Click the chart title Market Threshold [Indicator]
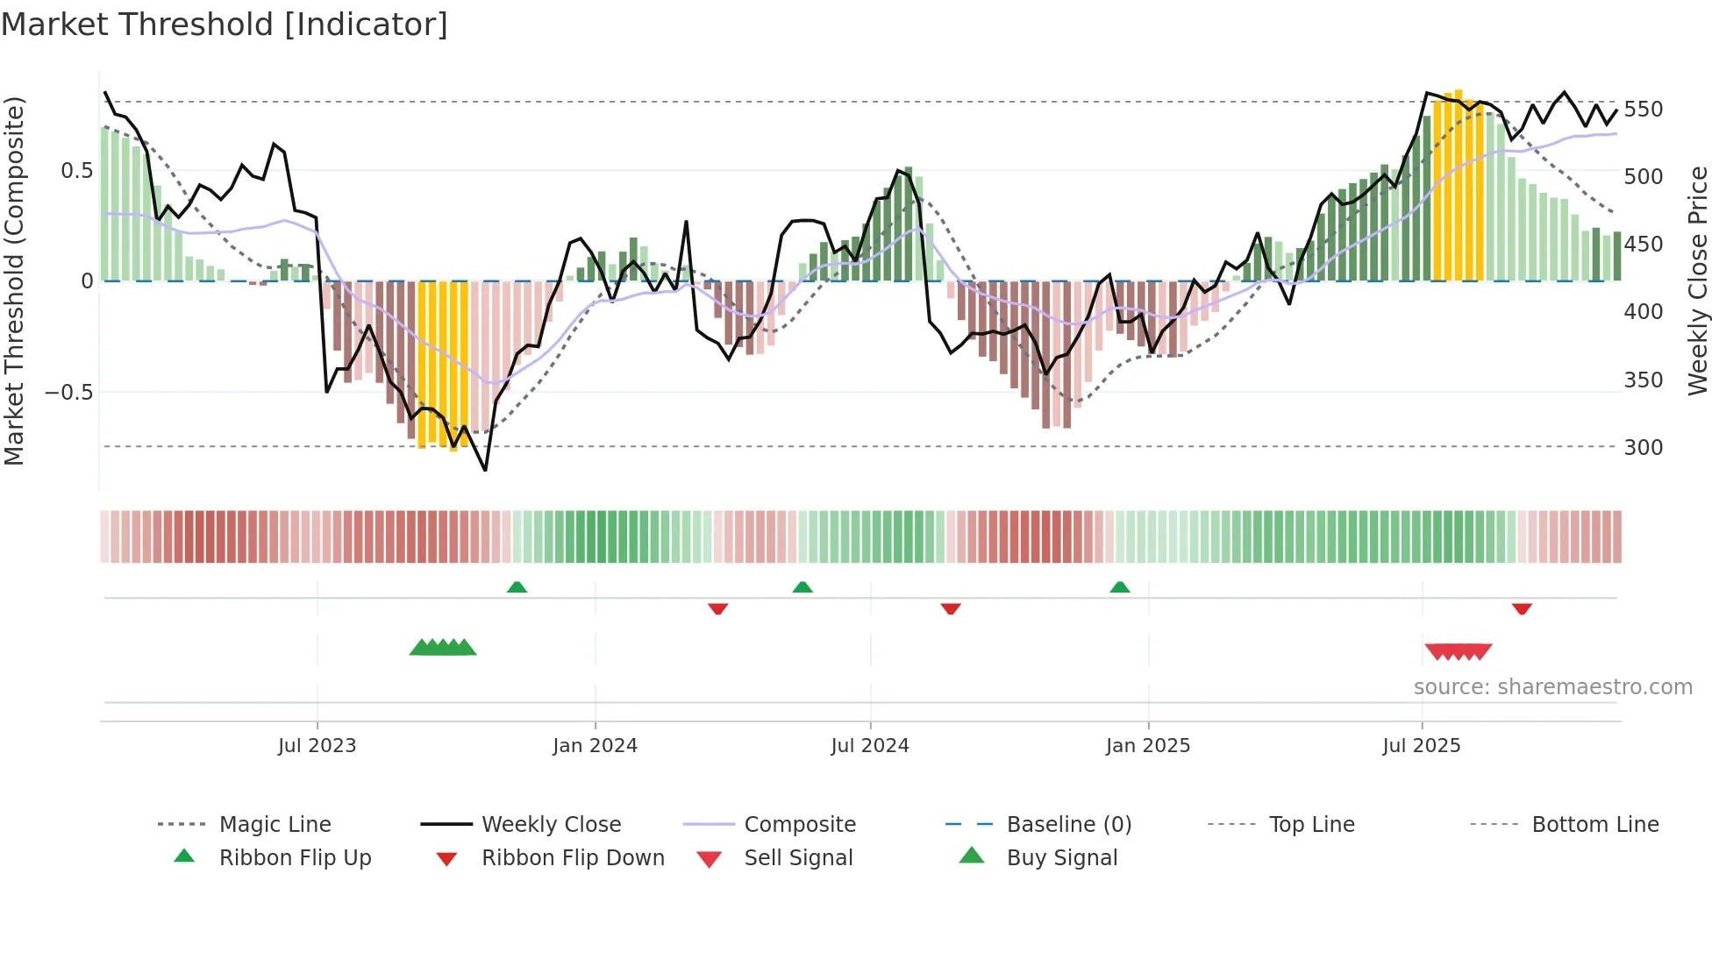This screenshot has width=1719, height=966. (x=225, y=25)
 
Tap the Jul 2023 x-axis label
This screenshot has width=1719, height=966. (x=317, y=746)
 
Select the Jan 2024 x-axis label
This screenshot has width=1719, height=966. (x=595, y=746)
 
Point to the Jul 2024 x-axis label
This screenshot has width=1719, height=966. (x=869, y=746)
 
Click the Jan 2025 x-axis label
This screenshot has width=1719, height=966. (x=1147, y=746)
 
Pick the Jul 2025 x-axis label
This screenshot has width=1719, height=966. (x=1421, y=746)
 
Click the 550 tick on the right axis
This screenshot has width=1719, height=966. (x=1643, y=110)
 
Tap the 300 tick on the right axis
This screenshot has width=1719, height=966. (x=1643, y=448)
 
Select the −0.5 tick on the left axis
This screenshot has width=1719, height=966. (x=69, y=392)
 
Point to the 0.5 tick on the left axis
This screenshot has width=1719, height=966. (x=76, y=171)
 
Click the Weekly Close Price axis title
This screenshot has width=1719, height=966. (x=1698, y=281)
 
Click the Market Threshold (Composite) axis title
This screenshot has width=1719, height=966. (x=14, y=281)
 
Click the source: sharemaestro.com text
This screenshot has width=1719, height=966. (x=1552, y=687)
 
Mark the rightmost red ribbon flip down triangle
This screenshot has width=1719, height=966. (x=1522, y=608)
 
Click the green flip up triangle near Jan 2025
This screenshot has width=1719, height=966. (x=1119, y=587)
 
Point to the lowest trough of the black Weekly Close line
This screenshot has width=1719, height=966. (x=485, y=470)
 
